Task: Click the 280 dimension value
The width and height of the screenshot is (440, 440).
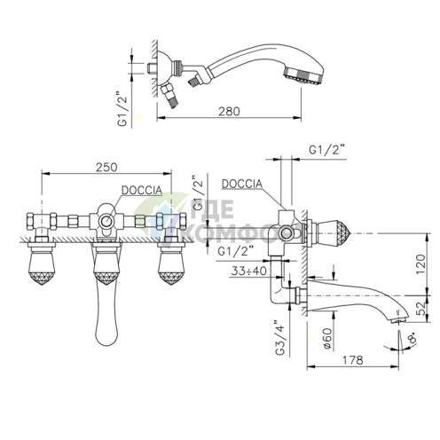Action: (229, 112)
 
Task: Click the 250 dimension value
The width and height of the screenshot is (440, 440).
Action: (106, 167)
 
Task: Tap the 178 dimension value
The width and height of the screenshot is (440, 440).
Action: (352, 360)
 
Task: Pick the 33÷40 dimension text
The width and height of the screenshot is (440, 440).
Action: (248, 271)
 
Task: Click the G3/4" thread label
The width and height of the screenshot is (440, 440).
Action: (279, 337)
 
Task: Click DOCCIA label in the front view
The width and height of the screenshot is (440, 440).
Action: (142, 190)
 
